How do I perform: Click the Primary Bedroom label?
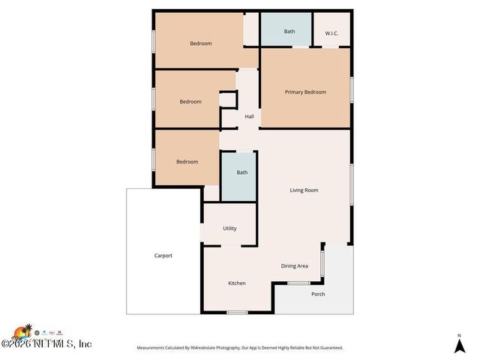click(305, 92)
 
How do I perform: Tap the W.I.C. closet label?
click(332, 33)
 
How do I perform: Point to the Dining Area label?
click(295, 266)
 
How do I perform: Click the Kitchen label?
click(237, 283)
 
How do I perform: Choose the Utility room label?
click(229, 229)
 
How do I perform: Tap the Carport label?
click(163, 256)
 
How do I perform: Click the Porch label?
click(319, 294)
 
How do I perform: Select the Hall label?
click(249, 116)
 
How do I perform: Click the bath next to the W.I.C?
click(289, 31)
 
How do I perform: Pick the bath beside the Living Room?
click(241, 172)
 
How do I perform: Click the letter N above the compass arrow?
click(459, 334)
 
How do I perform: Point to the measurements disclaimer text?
click(239, 348)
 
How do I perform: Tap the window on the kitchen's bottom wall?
click(237, 312)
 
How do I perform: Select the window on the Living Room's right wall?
click(351, 184)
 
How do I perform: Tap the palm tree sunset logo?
click(22, 331)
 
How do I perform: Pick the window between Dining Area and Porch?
click(322, 264)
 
